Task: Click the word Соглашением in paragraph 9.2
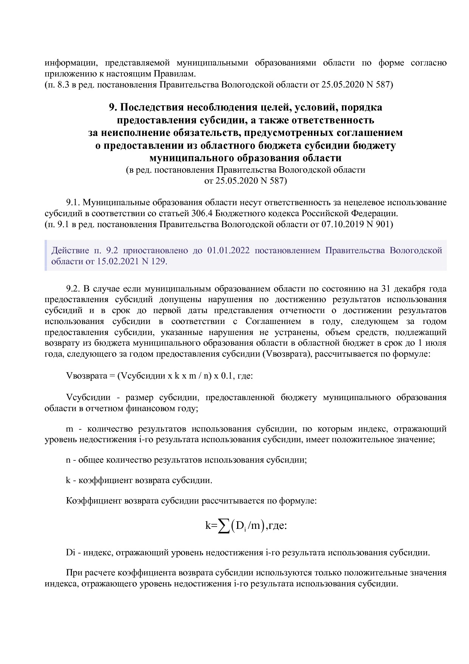point(273,321)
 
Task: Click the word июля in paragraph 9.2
point(436,343)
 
